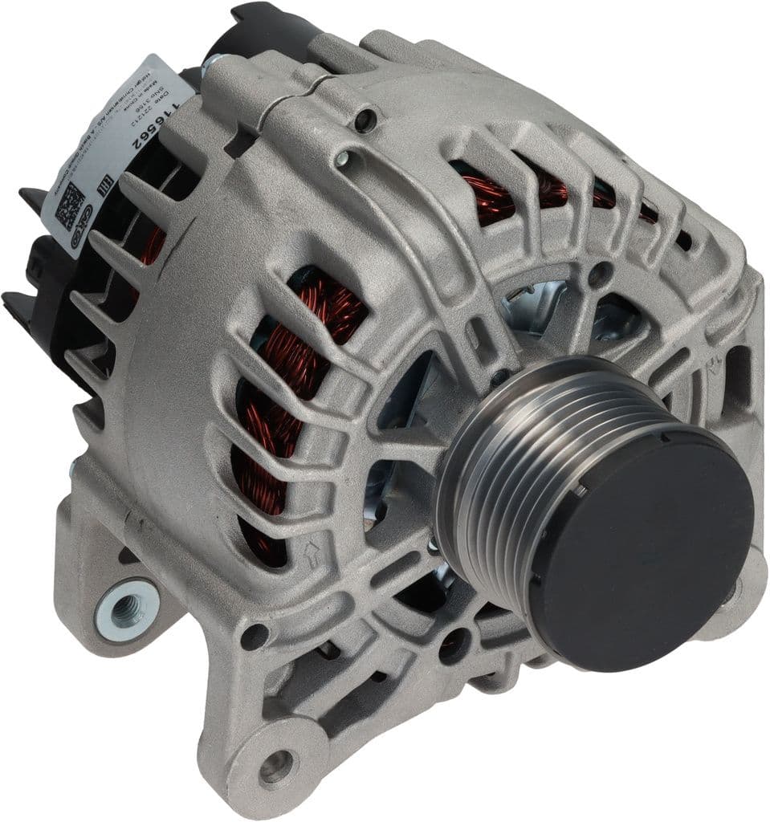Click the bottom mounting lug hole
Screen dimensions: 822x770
pos(278,767)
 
